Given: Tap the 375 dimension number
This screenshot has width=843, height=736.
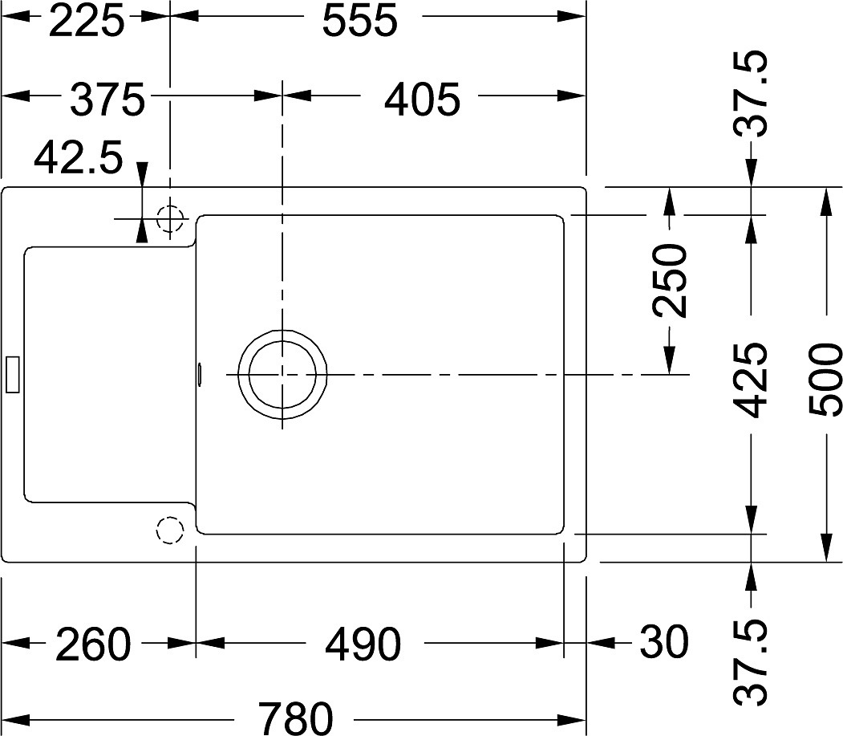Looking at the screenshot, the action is [x=107, y=100].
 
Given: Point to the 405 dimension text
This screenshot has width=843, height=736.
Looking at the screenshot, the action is [x=423, y=100].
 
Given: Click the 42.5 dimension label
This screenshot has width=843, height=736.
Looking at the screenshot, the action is [x=79, y=157].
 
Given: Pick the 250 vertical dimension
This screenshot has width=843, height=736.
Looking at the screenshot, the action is [x=670, y=280].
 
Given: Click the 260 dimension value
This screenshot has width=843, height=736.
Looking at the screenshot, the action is [x=92, y=644].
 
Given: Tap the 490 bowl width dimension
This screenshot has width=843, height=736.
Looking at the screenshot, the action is [x=363, y=644].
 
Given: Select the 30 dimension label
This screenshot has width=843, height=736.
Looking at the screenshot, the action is [x=664, y=642].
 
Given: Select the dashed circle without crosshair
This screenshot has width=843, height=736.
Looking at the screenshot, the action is [x=170, y=531].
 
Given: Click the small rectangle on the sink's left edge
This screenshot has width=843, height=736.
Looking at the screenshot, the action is [x=12, y=375].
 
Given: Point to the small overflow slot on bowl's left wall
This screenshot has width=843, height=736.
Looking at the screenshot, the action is [x=200, y=375].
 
